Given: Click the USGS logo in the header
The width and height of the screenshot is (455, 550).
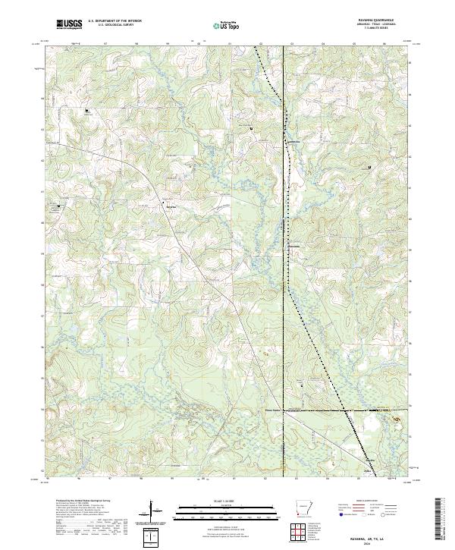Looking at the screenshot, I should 69,25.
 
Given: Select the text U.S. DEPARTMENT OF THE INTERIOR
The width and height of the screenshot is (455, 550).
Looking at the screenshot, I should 112,22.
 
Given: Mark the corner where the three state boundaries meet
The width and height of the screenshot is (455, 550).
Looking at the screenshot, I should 284,410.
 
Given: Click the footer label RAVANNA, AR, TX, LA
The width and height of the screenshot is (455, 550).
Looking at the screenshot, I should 368,536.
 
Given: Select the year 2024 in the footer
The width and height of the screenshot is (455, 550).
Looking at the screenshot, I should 368,542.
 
